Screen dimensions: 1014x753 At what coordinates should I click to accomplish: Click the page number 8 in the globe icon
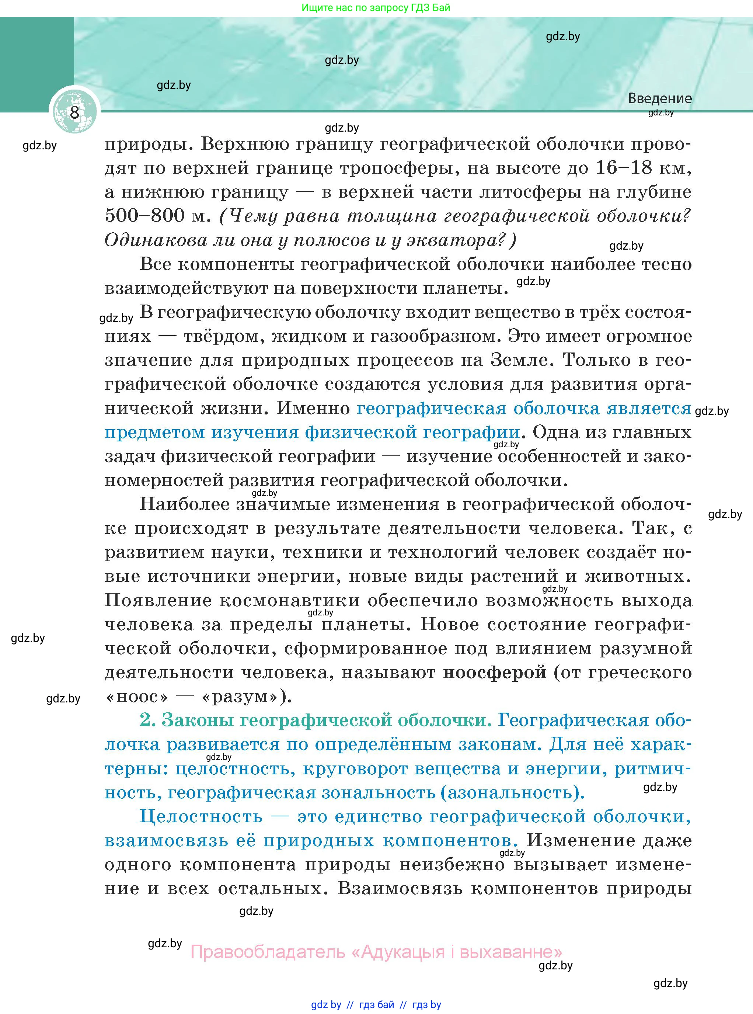[74, 112]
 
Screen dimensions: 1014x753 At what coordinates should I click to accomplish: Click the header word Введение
[659, 98]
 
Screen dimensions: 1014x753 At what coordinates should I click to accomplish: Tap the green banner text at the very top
[376, 8]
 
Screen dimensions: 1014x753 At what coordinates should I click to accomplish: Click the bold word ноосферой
[495, 672]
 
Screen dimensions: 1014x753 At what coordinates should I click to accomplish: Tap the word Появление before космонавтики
[157, 600]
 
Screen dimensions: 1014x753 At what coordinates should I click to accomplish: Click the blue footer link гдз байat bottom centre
[377, 1005]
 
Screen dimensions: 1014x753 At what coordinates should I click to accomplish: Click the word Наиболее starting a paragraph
[184, 504]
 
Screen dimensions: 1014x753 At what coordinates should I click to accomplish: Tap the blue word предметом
[154, 432]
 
